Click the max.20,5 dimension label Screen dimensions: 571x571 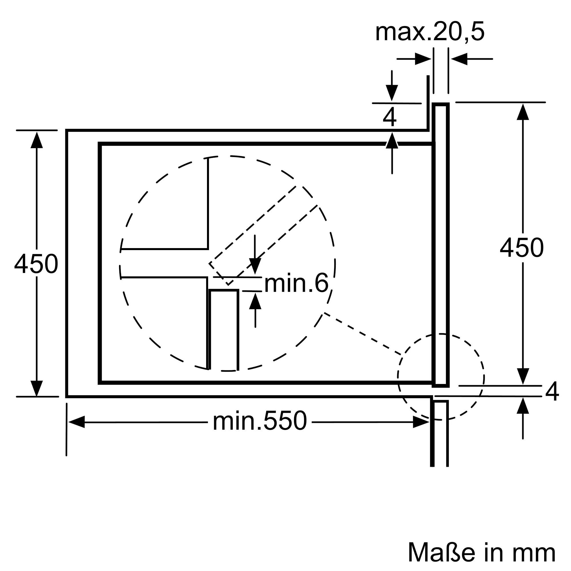pyautogui.click(x=430, y=32)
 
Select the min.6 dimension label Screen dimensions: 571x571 pyautogui.click(x=296, y=283)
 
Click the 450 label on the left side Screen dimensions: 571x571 pyautogui.click(x=36, y=264)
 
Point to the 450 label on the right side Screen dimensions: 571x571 pyautogui.click(x=522, y=247)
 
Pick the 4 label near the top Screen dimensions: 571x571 pyautogui.click(x=389, y=117)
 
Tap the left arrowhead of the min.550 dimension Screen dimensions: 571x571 pyautogui.click(x=77, y=422)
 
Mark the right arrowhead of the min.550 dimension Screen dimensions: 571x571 pyautogui.click(x=421, y=422)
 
